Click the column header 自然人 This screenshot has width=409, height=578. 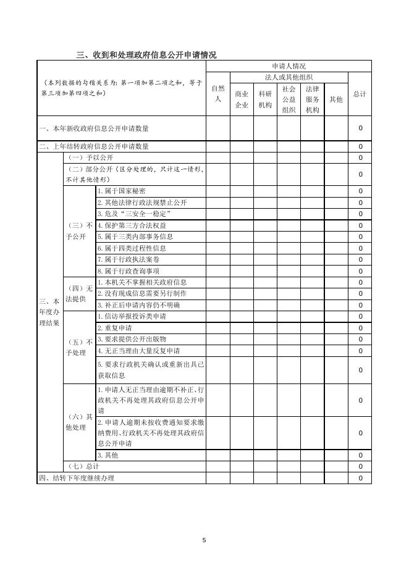pyautogui.click(x=217, y=93)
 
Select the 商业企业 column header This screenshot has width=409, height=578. pyautogui.click(x=242, y=99)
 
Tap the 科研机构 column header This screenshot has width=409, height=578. pyautogui.click(x=265, y=99)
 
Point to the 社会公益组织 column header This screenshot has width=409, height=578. pyautogui.click(x=289, y=99)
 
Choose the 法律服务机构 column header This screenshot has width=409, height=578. pyautogui.click(x=312, y=99)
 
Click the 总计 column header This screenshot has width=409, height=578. pyautogui.click(x=360, y=94)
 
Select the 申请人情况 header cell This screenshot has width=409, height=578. pyautogui.click(x=289, y=66)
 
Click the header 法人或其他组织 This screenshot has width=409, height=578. pyautogui.click(x=289, y=77)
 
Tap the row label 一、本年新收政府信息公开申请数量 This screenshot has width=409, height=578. pyautogui.click(x=94, y=128)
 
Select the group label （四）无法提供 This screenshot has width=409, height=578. pyautogui.click(x=80, y=293)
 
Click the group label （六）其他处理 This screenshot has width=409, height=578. pyautogui.click(x=80, y=422)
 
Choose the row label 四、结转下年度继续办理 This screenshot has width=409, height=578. pyautogui.click(x=77, y=479)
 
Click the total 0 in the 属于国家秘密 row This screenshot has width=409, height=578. pyautogui.click(x=360, y=191)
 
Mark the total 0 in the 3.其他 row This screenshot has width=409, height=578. pyautogui.click(x=360, y=456)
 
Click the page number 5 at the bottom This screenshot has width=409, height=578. pyautogui.click(x=204, y=540)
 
